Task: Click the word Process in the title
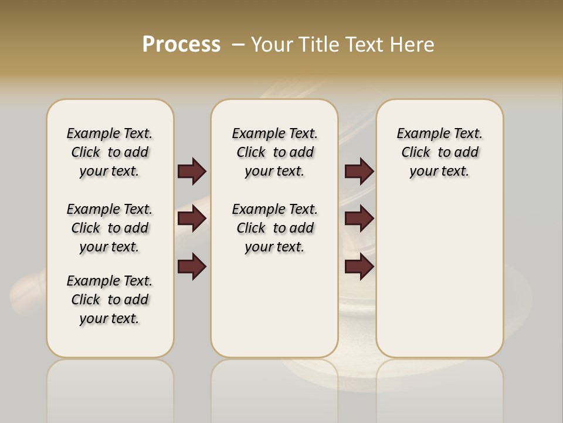181,45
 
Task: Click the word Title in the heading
318,45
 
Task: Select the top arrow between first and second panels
192,171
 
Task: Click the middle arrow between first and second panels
192,219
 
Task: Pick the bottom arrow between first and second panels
192,267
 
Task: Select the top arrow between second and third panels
359,171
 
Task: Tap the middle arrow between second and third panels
359,219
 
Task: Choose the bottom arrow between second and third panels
359,267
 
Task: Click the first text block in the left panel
110,152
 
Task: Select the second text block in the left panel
110,228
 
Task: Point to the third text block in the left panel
110,300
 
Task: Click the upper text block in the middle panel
274,152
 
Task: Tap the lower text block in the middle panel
274,228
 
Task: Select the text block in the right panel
439,152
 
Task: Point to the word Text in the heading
365,45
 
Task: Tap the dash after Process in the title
238,45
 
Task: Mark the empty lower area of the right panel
439,276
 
